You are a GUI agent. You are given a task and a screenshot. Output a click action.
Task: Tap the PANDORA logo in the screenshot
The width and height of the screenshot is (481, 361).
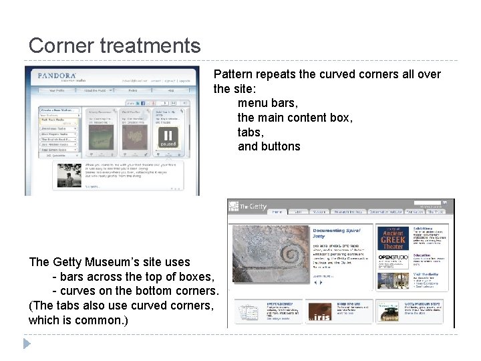57,76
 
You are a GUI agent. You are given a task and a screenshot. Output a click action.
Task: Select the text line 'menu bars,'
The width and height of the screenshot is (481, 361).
268,104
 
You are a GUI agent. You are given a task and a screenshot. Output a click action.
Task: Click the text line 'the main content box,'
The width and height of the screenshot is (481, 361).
295,118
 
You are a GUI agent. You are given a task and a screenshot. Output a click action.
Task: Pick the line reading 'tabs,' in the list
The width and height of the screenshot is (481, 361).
251,132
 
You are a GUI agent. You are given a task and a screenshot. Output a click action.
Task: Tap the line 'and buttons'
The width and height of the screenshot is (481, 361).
269,146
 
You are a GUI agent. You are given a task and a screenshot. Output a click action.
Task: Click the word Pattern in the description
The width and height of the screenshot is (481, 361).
232,74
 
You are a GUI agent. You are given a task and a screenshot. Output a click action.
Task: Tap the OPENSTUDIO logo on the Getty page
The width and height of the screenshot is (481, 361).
393,258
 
